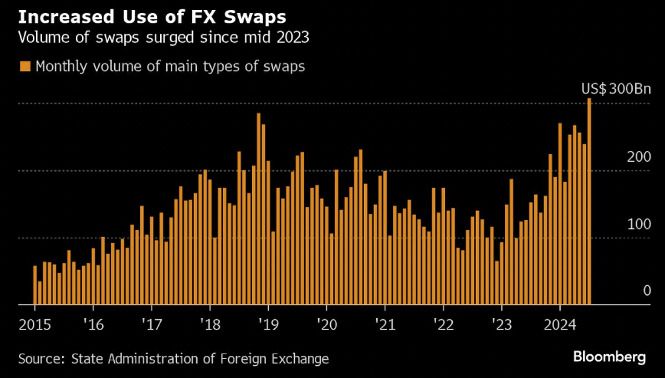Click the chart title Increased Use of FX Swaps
pyautogui.click(x=152, y=17)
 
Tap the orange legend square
pyautogui.click(x=25, y=67)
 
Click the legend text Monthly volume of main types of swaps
pyautogui.click(x=170, y=67)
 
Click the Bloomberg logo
pyautogui.click(x=609, y=357)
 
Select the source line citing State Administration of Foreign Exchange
pyautogui.click(x=173, y=359)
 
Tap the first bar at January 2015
pyautogui.click(x=35, y=285)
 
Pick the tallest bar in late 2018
pyautogui.click(x=258, y=209)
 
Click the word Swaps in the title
pyautogui.click(x=255, y=17)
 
